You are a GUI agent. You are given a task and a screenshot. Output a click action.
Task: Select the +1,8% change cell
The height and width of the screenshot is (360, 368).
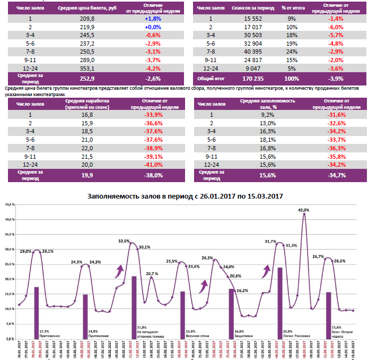153,18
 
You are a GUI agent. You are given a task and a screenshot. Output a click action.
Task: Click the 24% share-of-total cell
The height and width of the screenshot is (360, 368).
291,52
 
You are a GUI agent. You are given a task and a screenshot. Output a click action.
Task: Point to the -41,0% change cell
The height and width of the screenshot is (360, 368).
153,165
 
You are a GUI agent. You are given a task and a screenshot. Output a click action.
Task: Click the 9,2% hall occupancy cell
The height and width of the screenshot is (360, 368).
266,114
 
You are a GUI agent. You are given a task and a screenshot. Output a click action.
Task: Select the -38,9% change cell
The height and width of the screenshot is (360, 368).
153,148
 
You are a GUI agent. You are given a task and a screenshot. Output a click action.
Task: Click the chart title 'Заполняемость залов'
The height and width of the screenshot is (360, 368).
185,196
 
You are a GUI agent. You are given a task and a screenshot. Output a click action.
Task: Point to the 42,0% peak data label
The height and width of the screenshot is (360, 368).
303,210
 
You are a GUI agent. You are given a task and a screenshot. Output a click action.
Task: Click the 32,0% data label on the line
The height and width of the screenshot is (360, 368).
124,241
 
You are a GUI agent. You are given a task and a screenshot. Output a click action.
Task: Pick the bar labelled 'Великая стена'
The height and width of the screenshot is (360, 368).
182,313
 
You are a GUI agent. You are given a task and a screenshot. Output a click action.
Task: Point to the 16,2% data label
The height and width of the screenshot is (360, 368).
242,291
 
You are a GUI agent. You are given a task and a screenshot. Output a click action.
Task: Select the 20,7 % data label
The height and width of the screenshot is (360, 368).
152,273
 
